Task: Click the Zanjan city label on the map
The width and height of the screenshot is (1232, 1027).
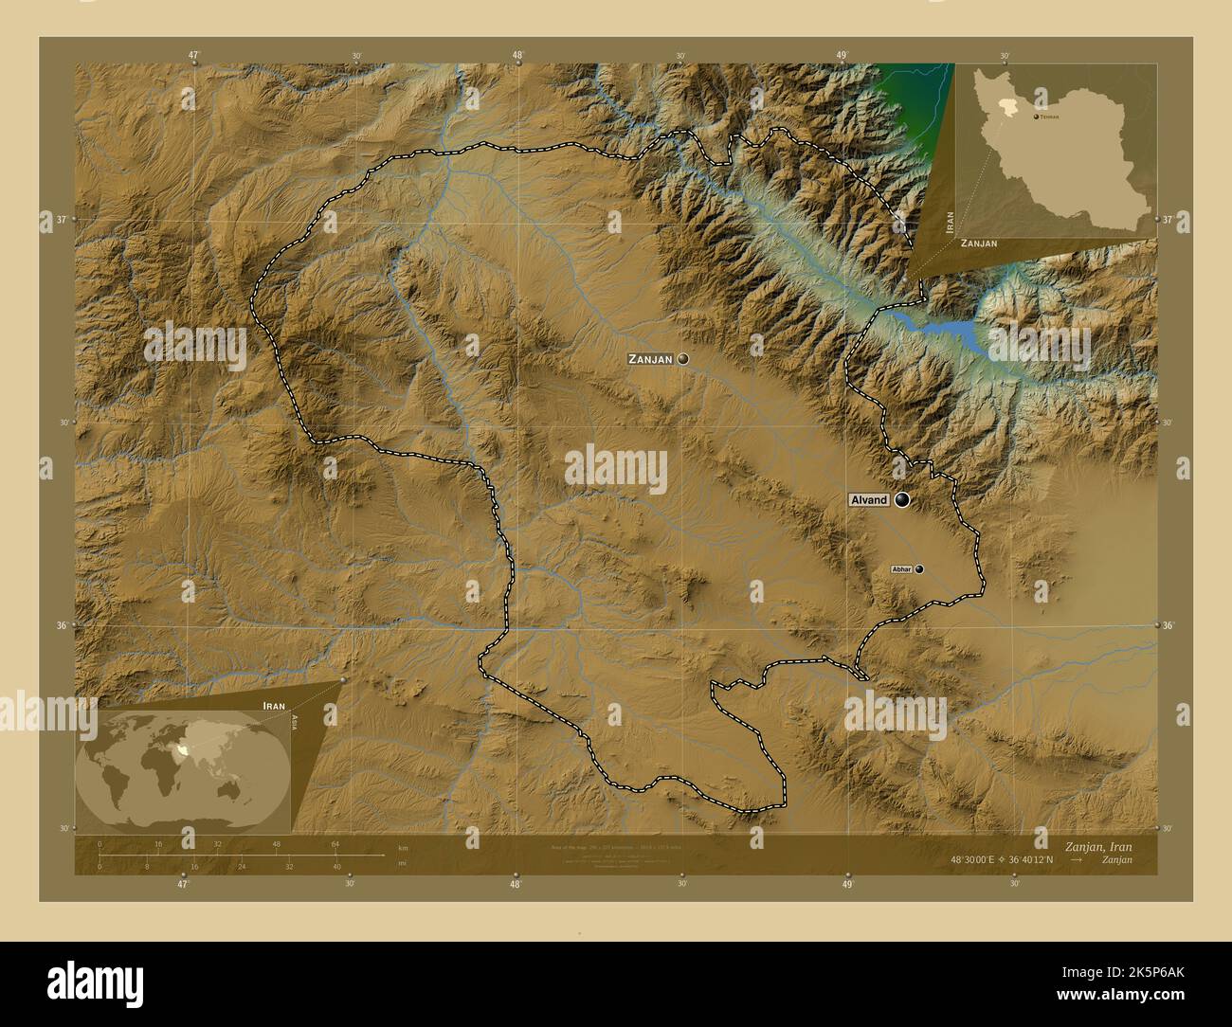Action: point(650,360)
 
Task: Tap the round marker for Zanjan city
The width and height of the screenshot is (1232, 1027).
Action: point(682,359)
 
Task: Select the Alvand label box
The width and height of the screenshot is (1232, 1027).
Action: point(868,500)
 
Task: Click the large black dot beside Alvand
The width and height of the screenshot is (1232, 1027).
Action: point(901,499)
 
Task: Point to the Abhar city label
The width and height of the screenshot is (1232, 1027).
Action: point(901,569)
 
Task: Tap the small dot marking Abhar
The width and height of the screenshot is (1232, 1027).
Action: point(918,569)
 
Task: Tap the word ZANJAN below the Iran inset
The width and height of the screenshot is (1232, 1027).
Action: point(979,243)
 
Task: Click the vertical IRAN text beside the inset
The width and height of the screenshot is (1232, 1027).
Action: point(950,223)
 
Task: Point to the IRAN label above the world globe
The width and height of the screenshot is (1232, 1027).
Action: point(274,707)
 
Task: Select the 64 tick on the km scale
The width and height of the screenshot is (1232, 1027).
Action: point(335,844)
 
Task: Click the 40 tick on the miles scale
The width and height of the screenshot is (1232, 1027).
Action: point(336,866)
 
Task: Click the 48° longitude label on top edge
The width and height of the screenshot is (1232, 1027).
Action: point(517,55)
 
